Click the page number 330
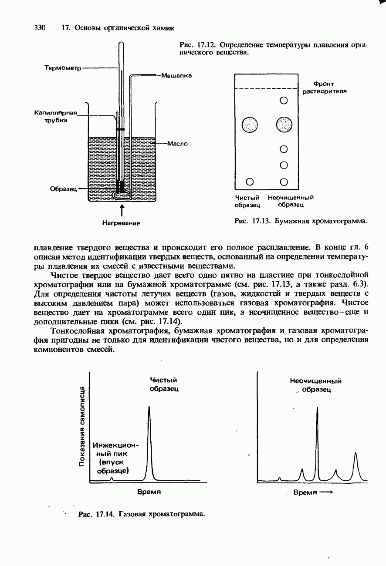point(40,28)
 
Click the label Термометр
point(63,67)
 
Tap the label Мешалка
point(176,75)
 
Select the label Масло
point(177,143)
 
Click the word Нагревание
point(121,223)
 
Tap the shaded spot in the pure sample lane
point(250,125)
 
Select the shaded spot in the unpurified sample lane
point(284,125)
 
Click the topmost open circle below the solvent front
point(284,101)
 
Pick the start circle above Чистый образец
point(250,182)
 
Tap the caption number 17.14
point(105,514)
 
